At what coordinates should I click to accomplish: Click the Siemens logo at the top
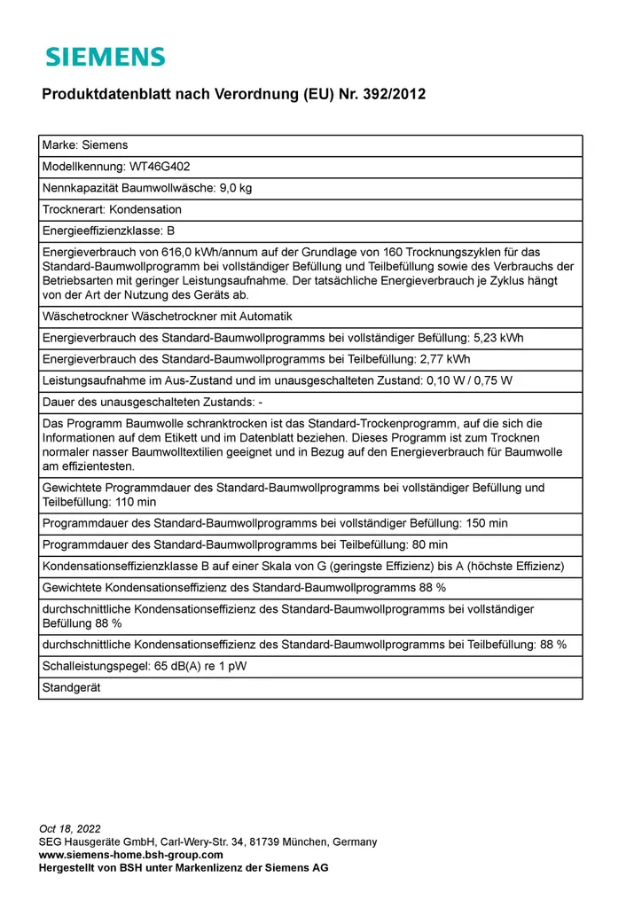click(106, 58)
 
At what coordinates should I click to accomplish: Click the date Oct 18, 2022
click(70, 829)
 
